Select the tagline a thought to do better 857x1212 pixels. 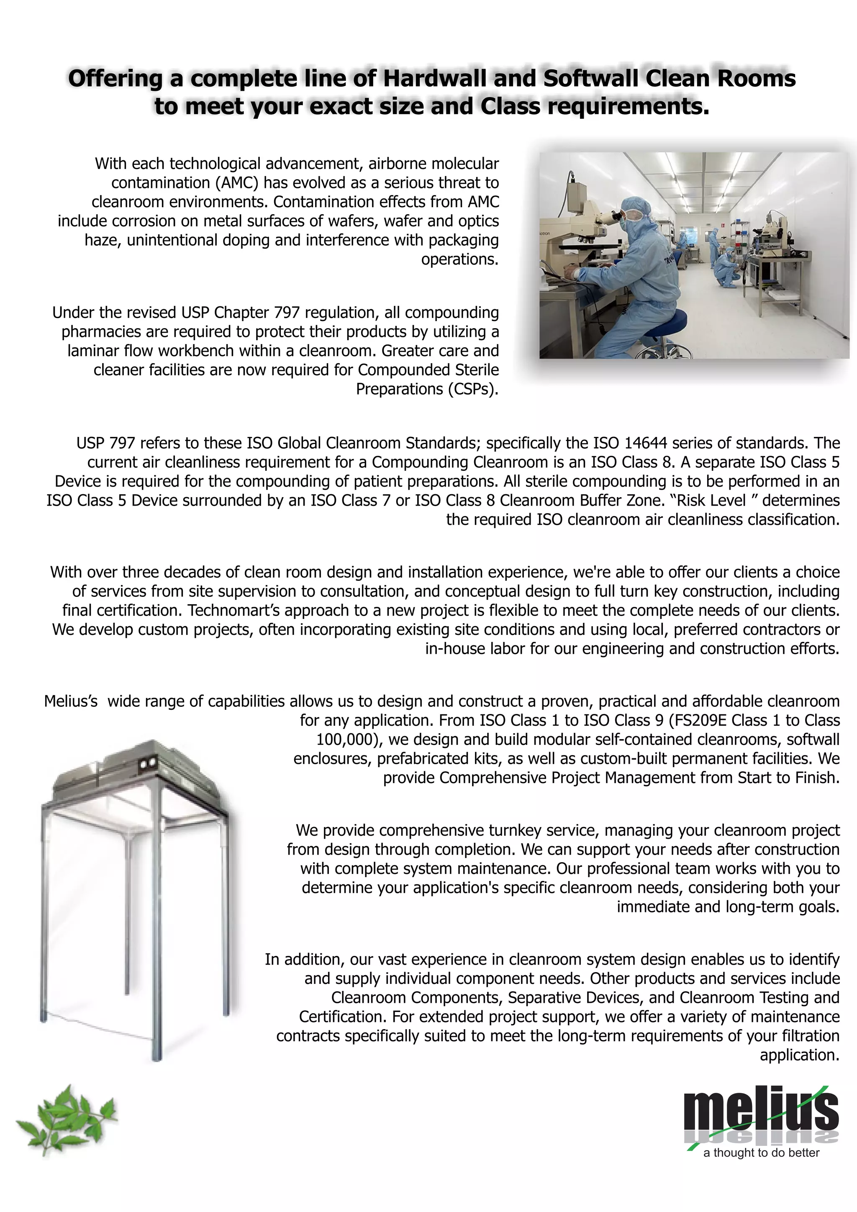[761, 1152]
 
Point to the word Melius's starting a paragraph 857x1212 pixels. [71, 701]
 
